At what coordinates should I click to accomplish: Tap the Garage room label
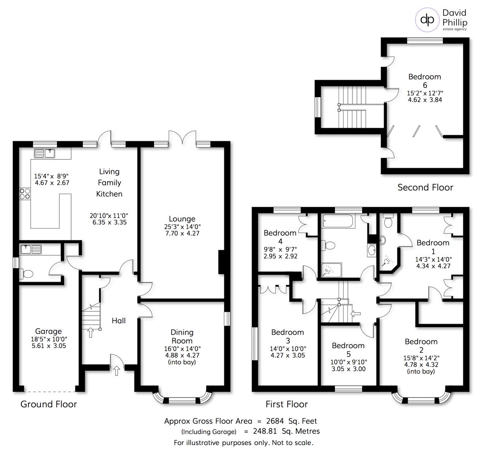[48, 331]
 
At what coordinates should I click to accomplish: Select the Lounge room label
[182, 219]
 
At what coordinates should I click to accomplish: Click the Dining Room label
[182, 336]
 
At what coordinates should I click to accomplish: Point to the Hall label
[118, 321]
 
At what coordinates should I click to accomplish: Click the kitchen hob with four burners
[25, 194]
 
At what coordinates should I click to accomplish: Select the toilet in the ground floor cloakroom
[27, 274]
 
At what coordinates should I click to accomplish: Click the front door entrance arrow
[116, 370]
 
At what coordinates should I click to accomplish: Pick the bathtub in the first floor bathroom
[337, 221]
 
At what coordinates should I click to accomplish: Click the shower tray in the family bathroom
[332, 270]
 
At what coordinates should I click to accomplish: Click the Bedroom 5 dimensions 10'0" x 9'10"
[348, 362]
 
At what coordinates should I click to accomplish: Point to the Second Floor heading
[425, 187]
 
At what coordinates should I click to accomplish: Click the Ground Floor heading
[49, 404]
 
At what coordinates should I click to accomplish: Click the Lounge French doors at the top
[182, 138]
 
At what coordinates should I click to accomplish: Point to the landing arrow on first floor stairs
[355, 313]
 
